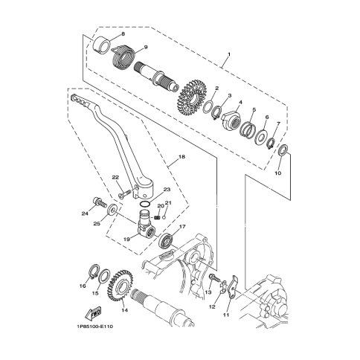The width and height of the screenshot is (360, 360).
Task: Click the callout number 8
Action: pos(123,34)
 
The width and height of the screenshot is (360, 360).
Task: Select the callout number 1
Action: pos(229,54)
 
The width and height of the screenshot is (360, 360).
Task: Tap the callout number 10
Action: pos(278,173)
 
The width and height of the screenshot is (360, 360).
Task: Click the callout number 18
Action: pos(181,157)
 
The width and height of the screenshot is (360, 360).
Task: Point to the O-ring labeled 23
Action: pos(145,204)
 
